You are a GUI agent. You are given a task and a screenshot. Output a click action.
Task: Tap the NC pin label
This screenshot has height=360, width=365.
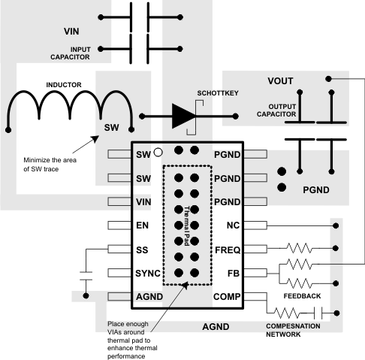coord(232,225)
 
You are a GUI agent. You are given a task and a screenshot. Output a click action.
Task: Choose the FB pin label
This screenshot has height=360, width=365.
coord(232,273)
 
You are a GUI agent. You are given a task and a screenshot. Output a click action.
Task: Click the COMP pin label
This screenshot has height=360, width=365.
coord(226,297)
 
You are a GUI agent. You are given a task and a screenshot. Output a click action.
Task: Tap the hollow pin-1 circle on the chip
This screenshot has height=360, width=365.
coord(158,153)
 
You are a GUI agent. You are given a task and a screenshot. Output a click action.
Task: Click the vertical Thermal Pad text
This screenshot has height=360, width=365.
coord(186,226)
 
